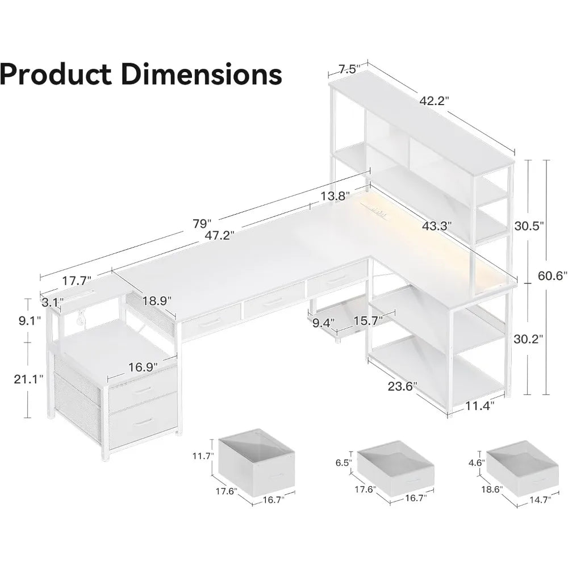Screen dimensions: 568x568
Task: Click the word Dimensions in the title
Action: click(x=201, y=74)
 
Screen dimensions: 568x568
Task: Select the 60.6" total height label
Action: click(x=553, y=277)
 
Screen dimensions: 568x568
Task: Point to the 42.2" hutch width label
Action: click(x=435, y=101)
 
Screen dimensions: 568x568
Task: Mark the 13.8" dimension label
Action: click(x=333, y=197)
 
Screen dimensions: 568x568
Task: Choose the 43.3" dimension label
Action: click(x=437, y=226)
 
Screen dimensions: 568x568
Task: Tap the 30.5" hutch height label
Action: click(x=529, y=225)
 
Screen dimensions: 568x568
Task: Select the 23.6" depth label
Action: click(x=402, y=386)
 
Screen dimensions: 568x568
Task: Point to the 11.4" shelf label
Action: click(x=479, y=405)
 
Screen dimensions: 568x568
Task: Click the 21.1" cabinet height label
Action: click(x=28, y=379)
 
